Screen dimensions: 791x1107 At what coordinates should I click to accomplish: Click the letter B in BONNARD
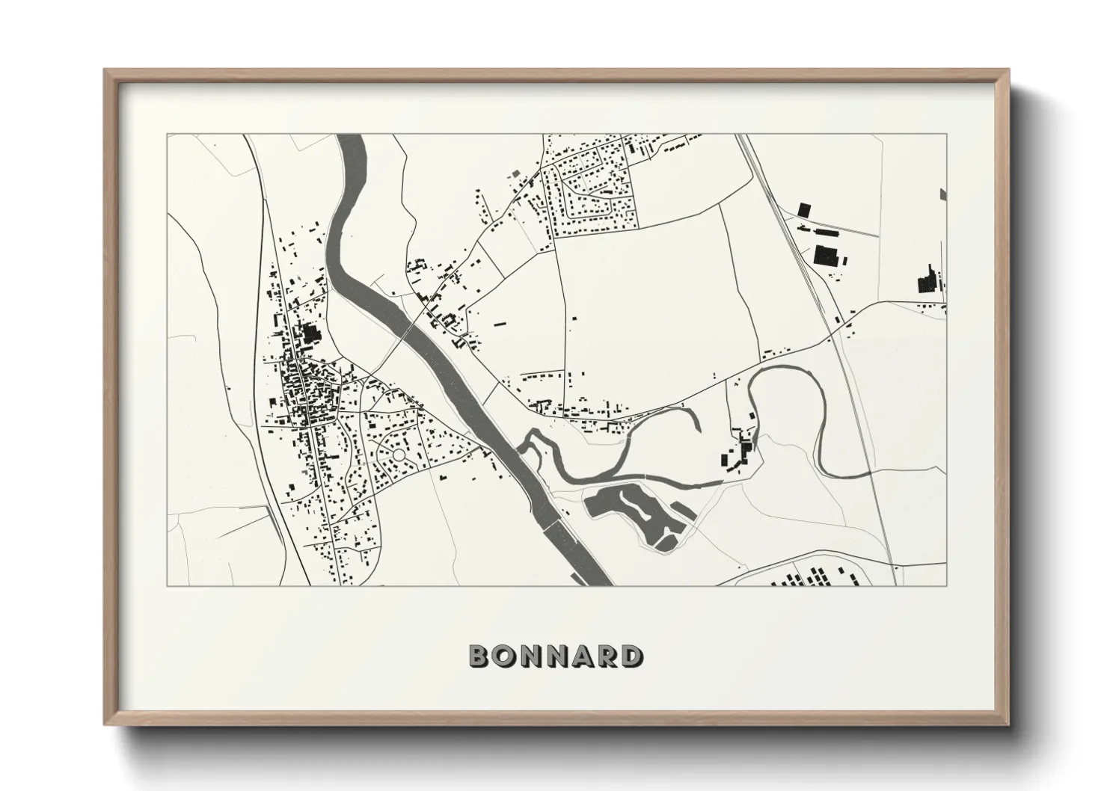[x=479, y=656]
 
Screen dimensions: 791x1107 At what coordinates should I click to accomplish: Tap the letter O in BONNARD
[x=503, y=656]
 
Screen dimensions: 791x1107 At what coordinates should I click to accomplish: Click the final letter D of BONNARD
[x=631, y=656]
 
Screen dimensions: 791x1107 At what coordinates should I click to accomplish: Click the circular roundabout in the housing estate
[x=399, y=454]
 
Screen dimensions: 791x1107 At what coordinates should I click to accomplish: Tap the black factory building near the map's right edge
[x=927, y=280]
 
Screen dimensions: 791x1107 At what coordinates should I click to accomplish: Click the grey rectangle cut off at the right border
[x=942, y=194]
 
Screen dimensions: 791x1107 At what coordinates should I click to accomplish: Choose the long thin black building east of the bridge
[x=499, y=324]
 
